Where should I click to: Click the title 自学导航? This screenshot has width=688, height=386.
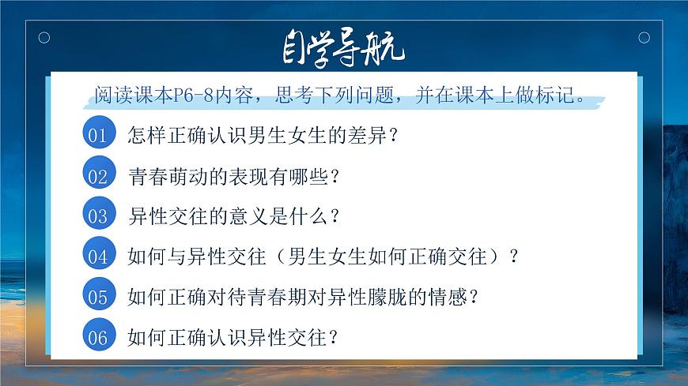343,50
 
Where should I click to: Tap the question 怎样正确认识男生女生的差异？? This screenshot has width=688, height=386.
262,135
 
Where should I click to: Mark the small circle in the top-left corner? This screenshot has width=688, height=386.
44,37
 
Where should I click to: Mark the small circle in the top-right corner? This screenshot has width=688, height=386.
644,37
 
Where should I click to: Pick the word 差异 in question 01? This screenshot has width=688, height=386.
365,135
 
